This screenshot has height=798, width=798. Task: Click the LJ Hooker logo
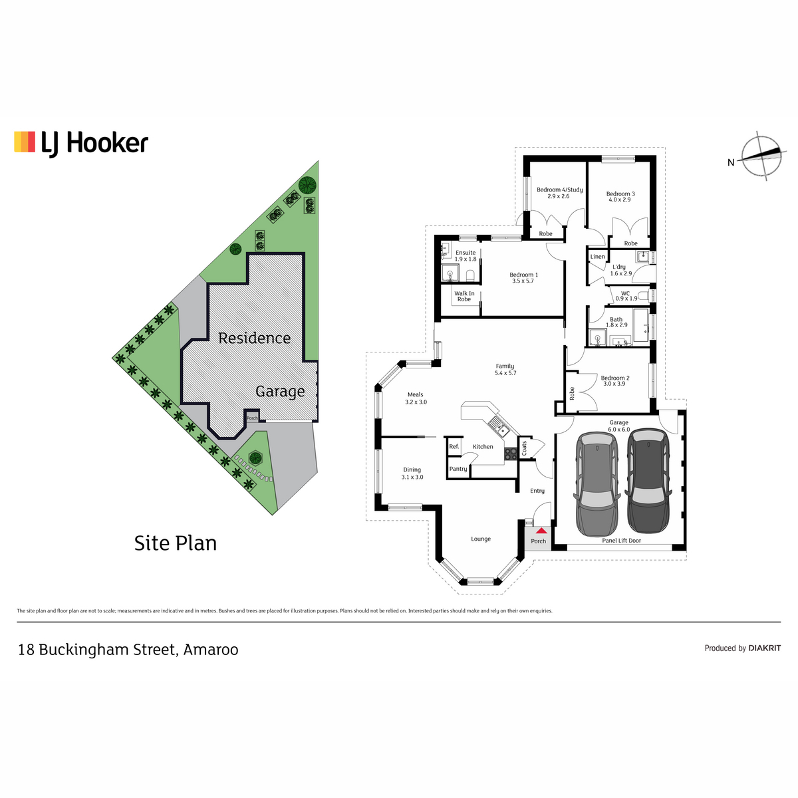tap(81, 144)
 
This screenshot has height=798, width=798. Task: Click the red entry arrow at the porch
tap(541, 530)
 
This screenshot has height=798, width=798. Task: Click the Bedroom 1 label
tap(523, 275)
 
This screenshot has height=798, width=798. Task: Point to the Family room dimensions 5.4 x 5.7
tap(505, 372)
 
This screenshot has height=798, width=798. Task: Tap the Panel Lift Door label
tap(621, 541)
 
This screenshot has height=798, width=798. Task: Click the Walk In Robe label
tap(464, 296)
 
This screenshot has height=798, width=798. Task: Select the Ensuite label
tap(465, 253)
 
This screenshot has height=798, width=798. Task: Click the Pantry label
tap(458, 469)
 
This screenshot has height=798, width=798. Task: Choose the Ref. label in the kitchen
tap(454, 446)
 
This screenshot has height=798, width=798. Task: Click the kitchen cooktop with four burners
tap(510, 454)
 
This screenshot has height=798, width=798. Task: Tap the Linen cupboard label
tap(597, 256)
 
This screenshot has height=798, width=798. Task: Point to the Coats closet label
tap(524, 448)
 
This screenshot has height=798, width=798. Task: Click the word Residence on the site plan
tap(254, 338)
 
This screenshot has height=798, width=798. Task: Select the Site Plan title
tap(176, 543)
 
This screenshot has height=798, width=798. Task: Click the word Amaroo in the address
tap(211, 649)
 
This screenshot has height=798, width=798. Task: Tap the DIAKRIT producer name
tap(765, 648)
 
